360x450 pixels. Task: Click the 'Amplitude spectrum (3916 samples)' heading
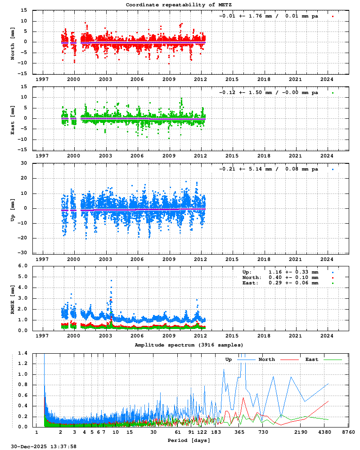pyautogui.click(x=189, y=345)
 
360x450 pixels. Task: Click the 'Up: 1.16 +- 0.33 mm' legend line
pyautogui.click(x=280, y=272)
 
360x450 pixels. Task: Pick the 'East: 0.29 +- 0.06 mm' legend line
pyautogui.click(x=280, y=283)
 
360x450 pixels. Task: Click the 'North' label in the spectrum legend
pyautogui.click(x=266, y=360)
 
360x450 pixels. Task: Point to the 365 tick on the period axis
pyautogui.click(x=239, y=432)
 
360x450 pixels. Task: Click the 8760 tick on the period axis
pyautogui.click(x=348, y=432)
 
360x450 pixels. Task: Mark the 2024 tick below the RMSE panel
pyautogui.click(x=327, y=335)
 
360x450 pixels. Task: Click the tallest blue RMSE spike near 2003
pyautogui.click(x=111, y=280)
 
